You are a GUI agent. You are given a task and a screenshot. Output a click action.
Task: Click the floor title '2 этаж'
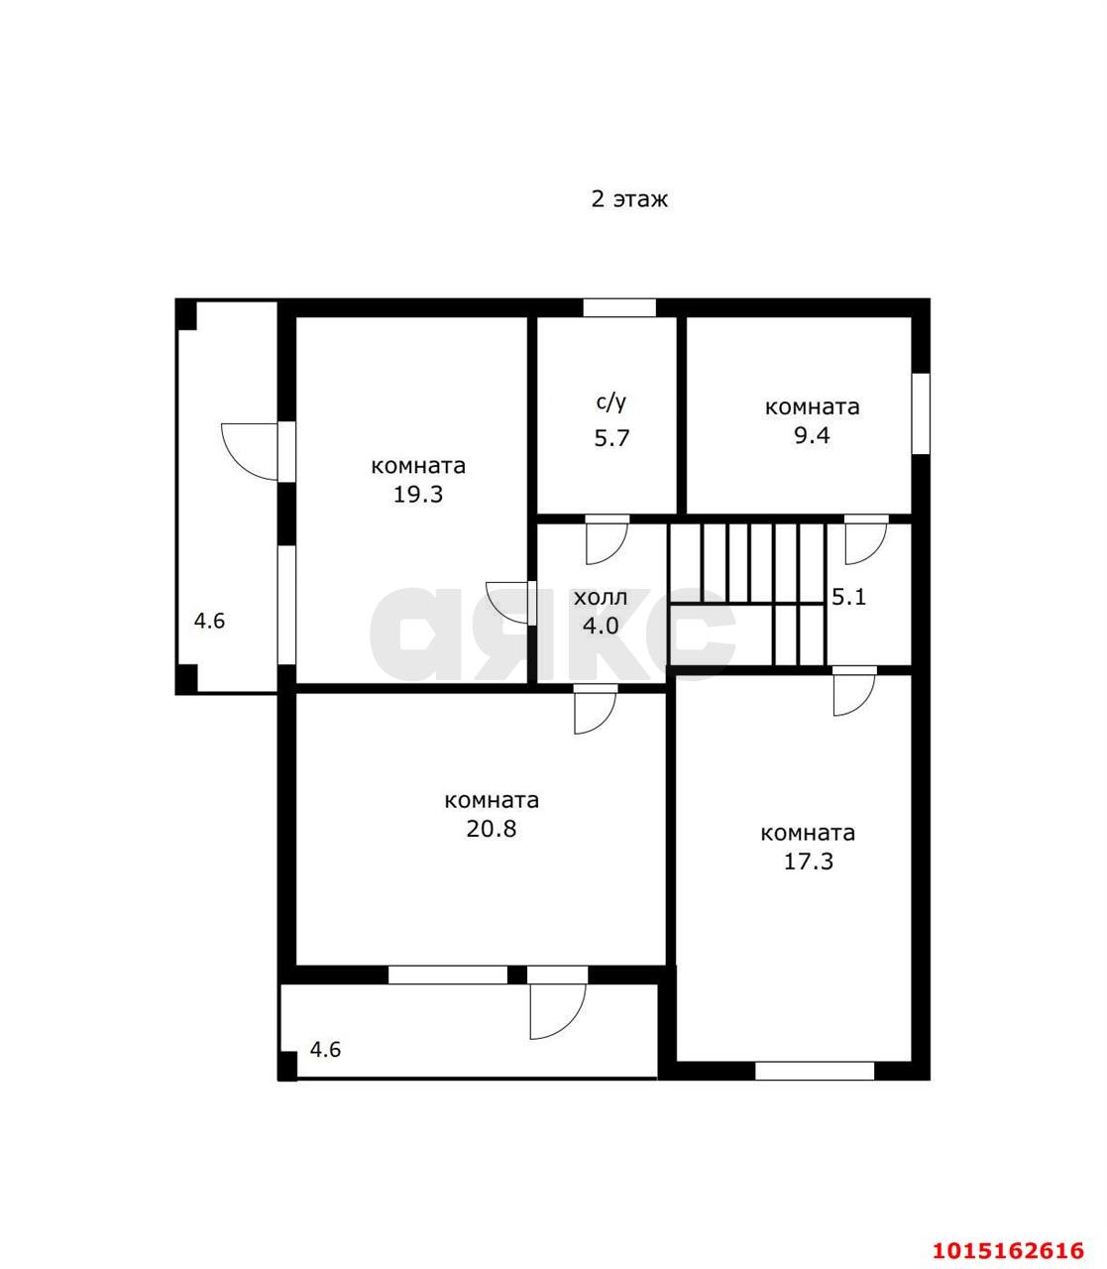[x=629, y=199]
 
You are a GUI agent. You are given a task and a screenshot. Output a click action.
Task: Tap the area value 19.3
[x=418, y=495]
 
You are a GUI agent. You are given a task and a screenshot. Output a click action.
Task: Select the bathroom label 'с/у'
[x=611, y=403]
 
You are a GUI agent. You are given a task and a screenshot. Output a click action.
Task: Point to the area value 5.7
[x=611, y=438]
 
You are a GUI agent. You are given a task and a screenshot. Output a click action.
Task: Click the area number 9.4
[x=812, y=435]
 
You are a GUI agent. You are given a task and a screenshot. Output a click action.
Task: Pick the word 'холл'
[x=601, y=598]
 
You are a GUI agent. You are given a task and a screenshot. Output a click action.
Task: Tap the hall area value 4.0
[x=601, y=626]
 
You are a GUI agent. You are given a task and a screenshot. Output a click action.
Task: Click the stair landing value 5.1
[x=848, y=597]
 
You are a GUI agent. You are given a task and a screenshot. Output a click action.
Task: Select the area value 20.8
[x=491, y=829]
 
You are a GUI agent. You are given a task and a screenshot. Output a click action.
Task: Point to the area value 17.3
[x=809, y=862]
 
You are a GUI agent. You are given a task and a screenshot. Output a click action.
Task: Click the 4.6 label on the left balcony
[x=209, y=621]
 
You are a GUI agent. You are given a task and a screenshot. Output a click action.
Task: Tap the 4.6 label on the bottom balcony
[x=325, y=1050]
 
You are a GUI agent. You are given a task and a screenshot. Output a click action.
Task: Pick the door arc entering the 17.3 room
[x=863, y=702]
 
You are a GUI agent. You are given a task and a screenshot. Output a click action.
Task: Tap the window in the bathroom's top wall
[x=619, y=307]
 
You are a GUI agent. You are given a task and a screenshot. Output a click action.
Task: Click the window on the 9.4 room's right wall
[x=921, y=413]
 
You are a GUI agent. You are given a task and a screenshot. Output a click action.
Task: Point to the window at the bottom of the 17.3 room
[x=815, y=1071]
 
